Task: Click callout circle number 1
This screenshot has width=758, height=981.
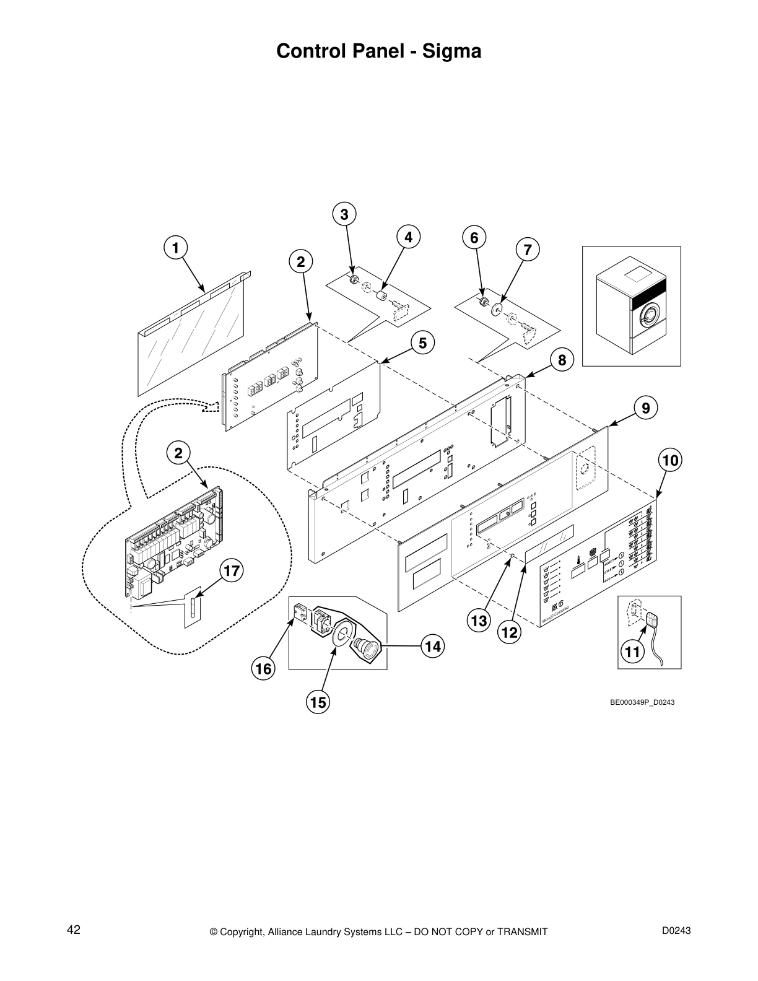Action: click(175, 248)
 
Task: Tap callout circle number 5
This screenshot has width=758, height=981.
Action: click(422, 342)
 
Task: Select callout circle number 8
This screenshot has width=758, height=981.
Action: click(562, 360)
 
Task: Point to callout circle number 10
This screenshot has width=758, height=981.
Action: click(671, 460)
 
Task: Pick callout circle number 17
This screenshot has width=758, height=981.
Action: click(232, 571)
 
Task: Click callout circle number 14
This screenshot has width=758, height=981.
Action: click(433, 646)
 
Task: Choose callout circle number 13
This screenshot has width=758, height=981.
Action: click(479, 621)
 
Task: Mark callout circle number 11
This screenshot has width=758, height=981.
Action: click(632, 652)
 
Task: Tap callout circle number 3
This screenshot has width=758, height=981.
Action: click(344, 214)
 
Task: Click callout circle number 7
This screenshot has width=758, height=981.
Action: click(527, 250)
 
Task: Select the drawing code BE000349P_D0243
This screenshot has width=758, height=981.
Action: click(642, 702)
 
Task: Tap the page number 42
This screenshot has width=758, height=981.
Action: click(74, 930)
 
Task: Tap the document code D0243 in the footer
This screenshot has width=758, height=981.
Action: click(676, 930)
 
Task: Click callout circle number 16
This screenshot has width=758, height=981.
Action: click(264, 669)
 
